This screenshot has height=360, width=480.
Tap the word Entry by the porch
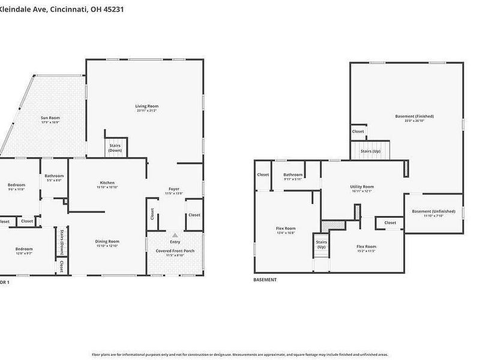coord(175,242)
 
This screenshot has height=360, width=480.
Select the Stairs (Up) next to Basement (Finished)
coord(370,151)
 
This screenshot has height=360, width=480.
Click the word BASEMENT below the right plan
coord(265,280)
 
